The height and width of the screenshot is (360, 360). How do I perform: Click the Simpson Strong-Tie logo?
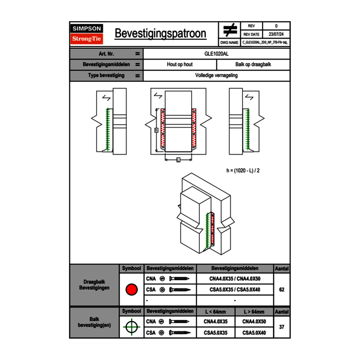(87, 34)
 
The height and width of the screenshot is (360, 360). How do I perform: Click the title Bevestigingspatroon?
(160, 34)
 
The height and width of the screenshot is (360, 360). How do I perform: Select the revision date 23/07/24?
(276, 34)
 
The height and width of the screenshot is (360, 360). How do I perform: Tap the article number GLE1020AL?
(216, 54)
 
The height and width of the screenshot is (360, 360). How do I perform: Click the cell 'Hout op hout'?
(180, 65)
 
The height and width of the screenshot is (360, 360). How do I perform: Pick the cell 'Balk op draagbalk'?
(253, 65)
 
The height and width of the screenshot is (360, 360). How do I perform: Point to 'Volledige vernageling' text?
(216, 76)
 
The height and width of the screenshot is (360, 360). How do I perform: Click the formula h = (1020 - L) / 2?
(243, 171)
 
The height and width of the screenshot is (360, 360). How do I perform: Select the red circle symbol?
(131, 290)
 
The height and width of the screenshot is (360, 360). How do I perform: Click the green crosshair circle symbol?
(131, 327)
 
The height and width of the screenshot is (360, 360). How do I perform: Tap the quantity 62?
(281, 290)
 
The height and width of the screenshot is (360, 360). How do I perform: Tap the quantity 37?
(281, 327)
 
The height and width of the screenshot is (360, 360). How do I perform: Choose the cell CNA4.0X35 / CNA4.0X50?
(235, 279)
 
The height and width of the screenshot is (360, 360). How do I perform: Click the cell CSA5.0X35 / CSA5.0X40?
(235, 290)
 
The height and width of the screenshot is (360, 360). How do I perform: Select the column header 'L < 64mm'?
(216, 312)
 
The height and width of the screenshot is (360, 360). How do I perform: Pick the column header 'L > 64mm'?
(254, 312)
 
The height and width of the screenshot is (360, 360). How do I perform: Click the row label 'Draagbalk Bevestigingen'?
(94, 285)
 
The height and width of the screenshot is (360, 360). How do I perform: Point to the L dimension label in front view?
(178, 160)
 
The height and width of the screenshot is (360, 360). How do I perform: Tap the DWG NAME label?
(229, 42)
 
